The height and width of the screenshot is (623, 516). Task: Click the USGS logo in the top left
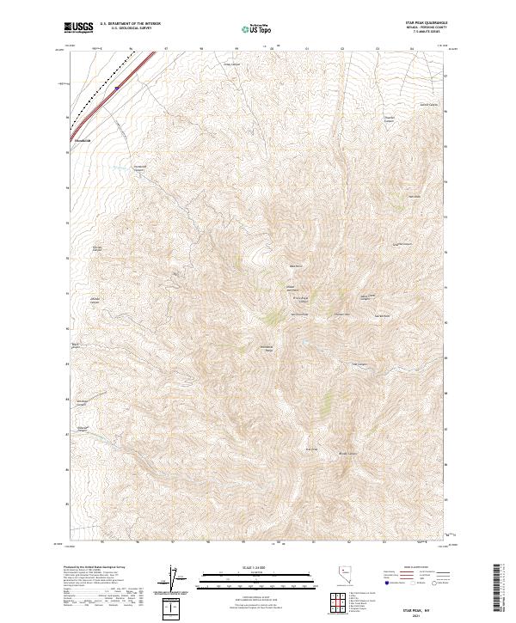79,29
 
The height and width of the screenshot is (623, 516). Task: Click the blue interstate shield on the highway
116,86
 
